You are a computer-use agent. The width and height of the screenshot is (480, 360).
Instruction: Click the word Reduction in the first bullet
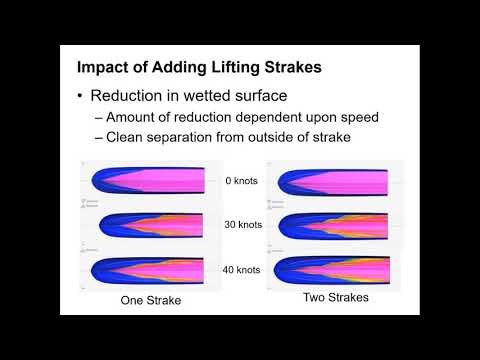pos(129,97)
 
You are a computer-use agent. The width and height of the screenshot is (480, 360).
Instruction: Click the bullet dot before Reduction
pos(80,97)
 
